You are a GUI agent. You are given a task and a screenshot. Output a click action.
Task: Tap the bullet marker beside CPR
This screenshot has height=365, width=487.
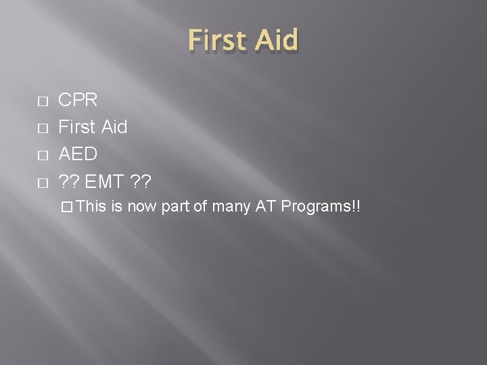(x=42, y=101)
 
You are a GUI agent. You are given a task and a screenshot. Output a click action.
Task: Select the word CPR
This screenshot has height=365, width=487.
(x=78, y=101)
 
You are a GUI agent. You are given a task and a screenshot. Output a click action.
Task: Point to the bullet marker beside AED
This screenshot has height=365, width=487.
(x=42, y=155)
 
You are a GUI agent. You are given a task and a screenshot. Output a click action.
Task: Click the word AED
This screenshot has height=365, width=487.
(x=78, y=154)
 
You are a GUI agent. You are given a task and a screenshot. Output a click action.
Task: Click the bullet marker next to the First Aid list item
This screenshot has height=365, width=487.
(x=42, y=128)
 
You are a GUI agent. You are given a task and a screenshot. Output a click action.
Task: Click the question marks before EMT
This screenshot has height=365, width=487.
(x=69, y=181)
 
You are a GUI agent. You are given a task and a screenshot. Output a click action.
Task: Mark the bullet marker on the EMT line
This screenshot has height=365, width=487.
(x=42, y=182)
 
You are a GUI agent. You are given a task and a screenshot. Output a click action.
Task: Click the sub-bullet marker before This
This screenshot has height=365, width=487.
(x=66, y=207)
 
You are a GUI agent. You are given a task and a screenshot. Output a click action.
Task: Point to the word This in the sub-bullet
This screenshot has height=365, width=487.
(x=88, y=206)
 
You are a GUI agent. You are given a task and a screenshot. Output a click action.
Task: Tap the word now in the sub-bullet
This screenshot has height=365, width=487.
(x=142, y=206)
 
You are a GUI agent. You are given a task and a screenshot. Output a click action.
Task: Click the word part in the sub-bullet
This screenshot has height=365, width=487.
(x=175, y=206)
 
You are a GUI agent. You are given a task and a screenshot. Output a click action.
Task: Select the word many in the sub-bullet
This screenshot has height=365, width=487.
(x=231, y=206)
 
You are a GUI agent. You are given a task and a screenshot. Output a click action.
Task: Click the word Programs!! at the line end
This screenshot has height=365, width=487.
(x=321, y=206)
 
